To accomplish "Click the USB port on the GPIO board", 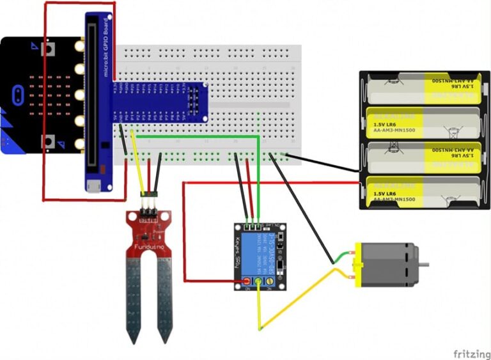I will (x=94, y=185).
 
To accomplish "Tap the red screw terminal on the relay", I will (x=247, y=281).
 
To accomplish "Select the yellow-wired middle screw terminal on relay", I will (x=258, y=281).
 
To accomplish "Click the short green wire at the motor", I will (x=343, y=258).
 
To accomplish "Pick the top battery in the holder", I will (x=425, y=89).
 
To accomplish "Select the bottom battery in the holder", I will (x=425, y=192).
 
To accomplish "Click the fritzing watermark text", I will (x=471, y=353).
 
